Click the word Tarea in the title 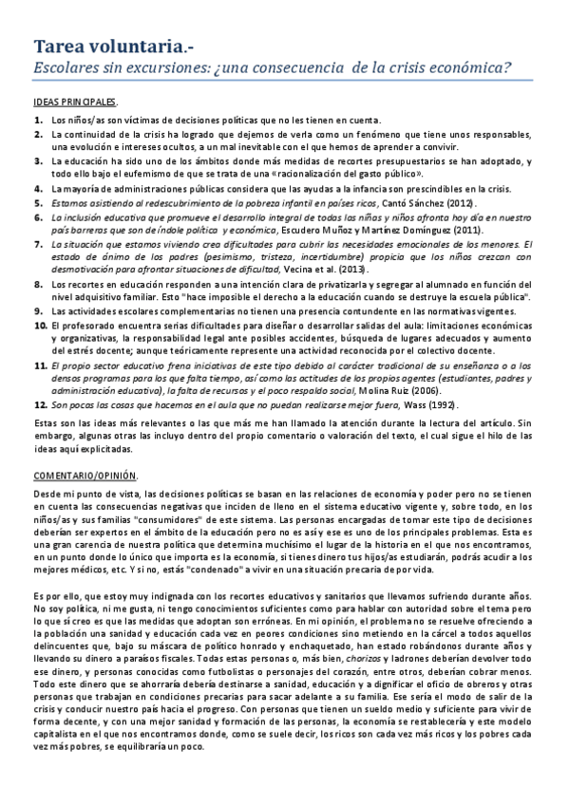point(62,46)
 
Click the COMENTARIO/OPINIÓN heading point(85,474)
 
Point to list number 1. point(38,120)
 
